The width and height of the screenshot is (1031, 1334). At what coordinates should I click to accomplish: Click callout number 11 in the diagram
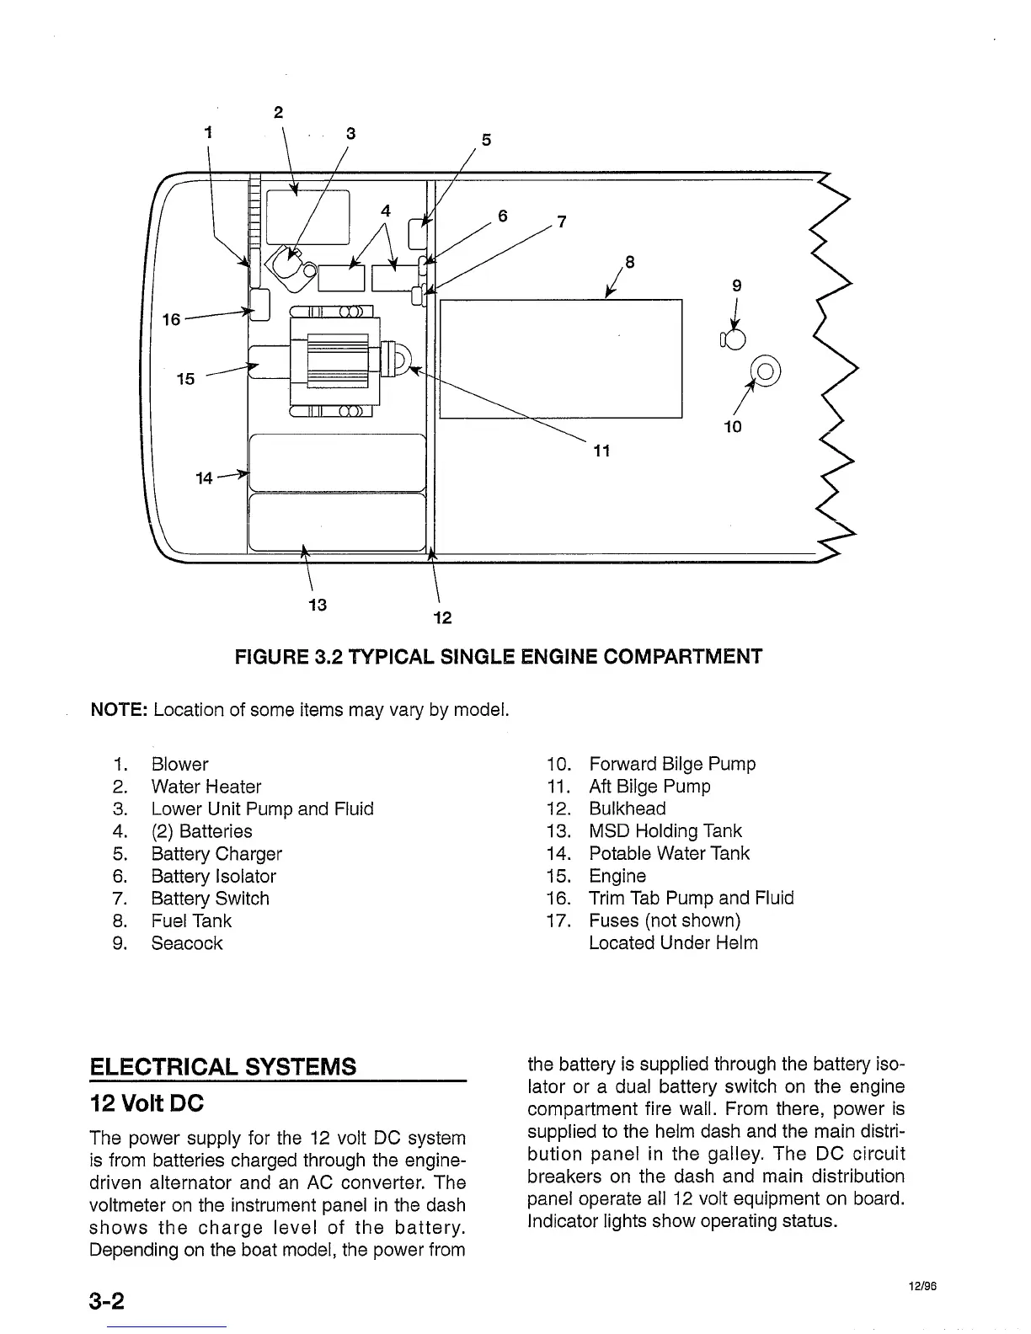click(601, 451)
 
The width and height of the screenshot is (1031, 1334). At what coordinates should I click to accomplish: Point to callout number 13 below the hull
click(318, 605)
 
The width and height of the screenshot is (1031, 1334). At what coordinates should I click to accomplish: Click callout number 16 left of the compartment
click(171, 319)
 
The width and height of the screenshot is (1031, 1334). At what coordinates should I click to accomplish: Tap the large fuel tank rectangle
click(560, 358)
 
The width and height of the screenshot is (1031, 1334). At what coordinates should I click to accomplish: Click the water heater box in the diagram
click(307, 216)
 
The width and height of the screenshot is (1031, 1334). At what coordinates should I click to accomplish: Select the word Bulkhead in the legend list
click(627, 808)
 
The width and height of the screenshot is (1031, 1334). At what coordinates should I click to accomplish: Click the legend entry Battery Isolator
click(213, 876)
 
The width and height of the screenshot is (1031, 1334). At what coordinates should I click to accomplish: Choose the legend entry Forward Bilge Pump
click(672, 764)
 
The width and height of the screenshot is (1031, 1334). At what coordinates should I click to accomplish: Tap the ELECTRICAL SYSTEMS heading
click(222, 1066)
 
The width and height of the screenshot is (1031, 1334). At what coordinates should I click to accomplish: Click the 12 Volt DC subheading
click(147, 1102)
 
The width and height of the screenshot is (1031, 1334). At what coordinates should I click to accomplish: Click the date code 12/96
click(923, 1286)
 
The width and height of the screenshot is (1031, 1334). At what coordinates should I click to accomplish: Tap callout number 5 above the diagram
click(485, 140)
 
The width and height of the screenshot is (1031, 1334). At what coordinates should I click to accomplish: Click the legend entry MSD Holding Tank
click(665, 831)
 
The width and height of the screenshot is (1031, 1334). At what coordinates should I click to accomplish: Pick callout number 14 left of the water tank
click(204, 478)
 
